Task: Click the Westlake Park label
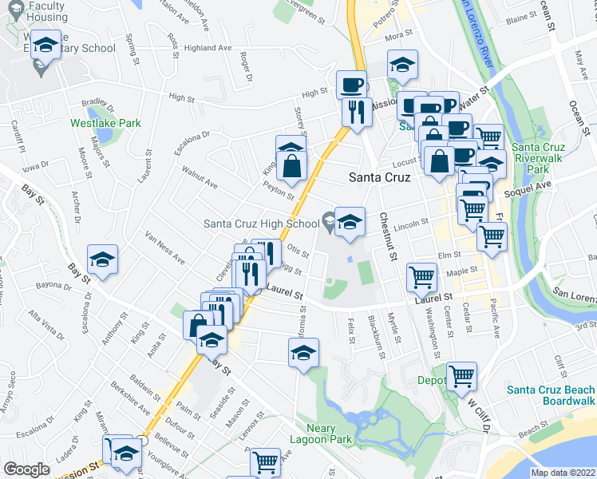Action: [105, 124]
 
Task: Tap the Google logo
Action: [26, 469]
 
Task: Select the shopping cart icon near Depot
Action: [461, 375]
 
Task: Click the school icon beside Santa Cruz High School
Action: [350, 223]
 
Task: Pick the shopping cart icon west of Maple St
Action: [421, 277]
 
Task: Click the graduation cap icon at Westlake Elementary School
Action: [47, 46]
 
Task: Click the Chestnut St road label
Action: [388, 236]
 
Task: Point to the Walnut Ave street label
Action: [200, 177]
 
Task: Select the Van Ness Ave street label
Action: [164, 247]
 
